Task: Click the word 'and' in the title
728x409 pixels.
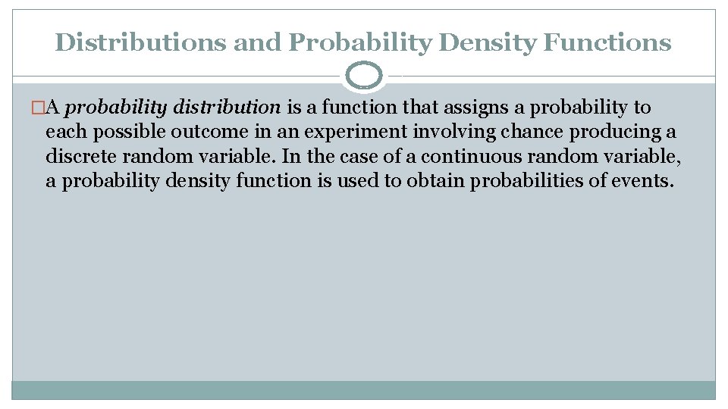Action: (x=258, y=42)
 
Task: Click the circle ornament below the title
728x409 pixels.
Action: (x=363, y=76)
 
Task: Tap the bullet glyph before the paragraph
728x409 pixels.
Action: (x=39, y=108)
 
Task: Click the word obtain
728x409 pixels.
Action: (x=436, y=180)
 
